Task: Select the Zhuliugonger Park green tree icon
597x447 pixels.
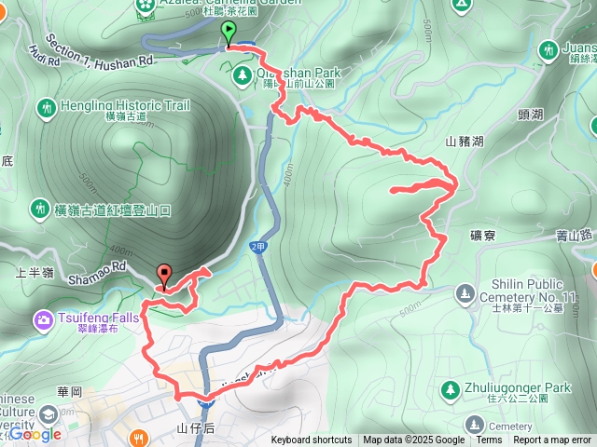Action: click(449, 388)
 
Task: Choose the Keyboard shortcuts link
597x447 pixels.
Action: click(312, 440)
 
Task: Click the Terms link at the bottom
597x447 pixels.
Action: click(489, 440)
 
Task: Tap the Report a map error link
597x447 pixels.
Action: click(552, 440)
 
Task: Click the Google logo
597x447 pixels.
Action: click(35, 434)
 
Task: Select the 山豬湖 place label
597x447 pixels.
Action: click(465, 142)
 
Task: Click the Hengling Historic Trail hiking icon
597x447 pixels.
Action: click(46, 108)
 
